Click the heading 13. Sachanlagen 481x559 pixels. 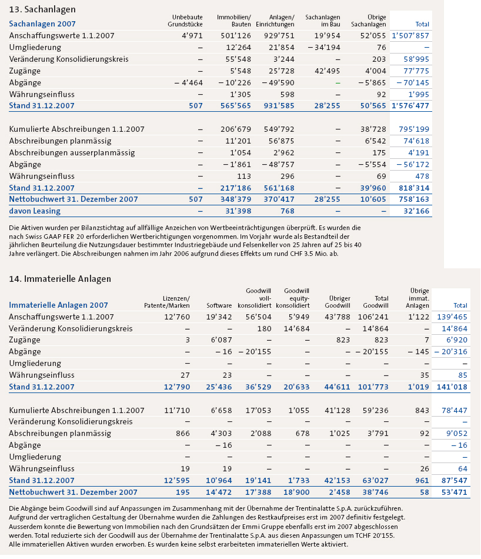(x=42, y=9)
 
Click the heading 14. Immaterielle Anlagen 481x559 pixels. (x=60, y=278)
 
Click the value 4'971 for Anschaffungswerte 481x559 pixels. (x=192, y=35)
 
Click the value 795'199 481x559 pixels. (x=415, y=129)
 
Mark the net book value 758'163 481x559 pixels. (x=415, y=199)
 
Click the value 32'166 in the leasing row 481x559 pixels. (x=417, y=211)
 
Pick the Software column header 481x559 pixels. (x=219, y=305)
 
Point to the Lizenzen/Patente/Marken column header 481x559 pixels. (x=167, y=301)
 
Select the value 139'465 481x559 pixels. (x=452, y=317)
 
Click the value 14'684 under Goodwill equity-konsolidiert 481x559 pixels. (x=298, y=328)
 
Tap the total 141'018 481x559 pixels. (x=452, y=387)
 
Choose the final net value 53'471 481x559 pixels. (x=455, y=491)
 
